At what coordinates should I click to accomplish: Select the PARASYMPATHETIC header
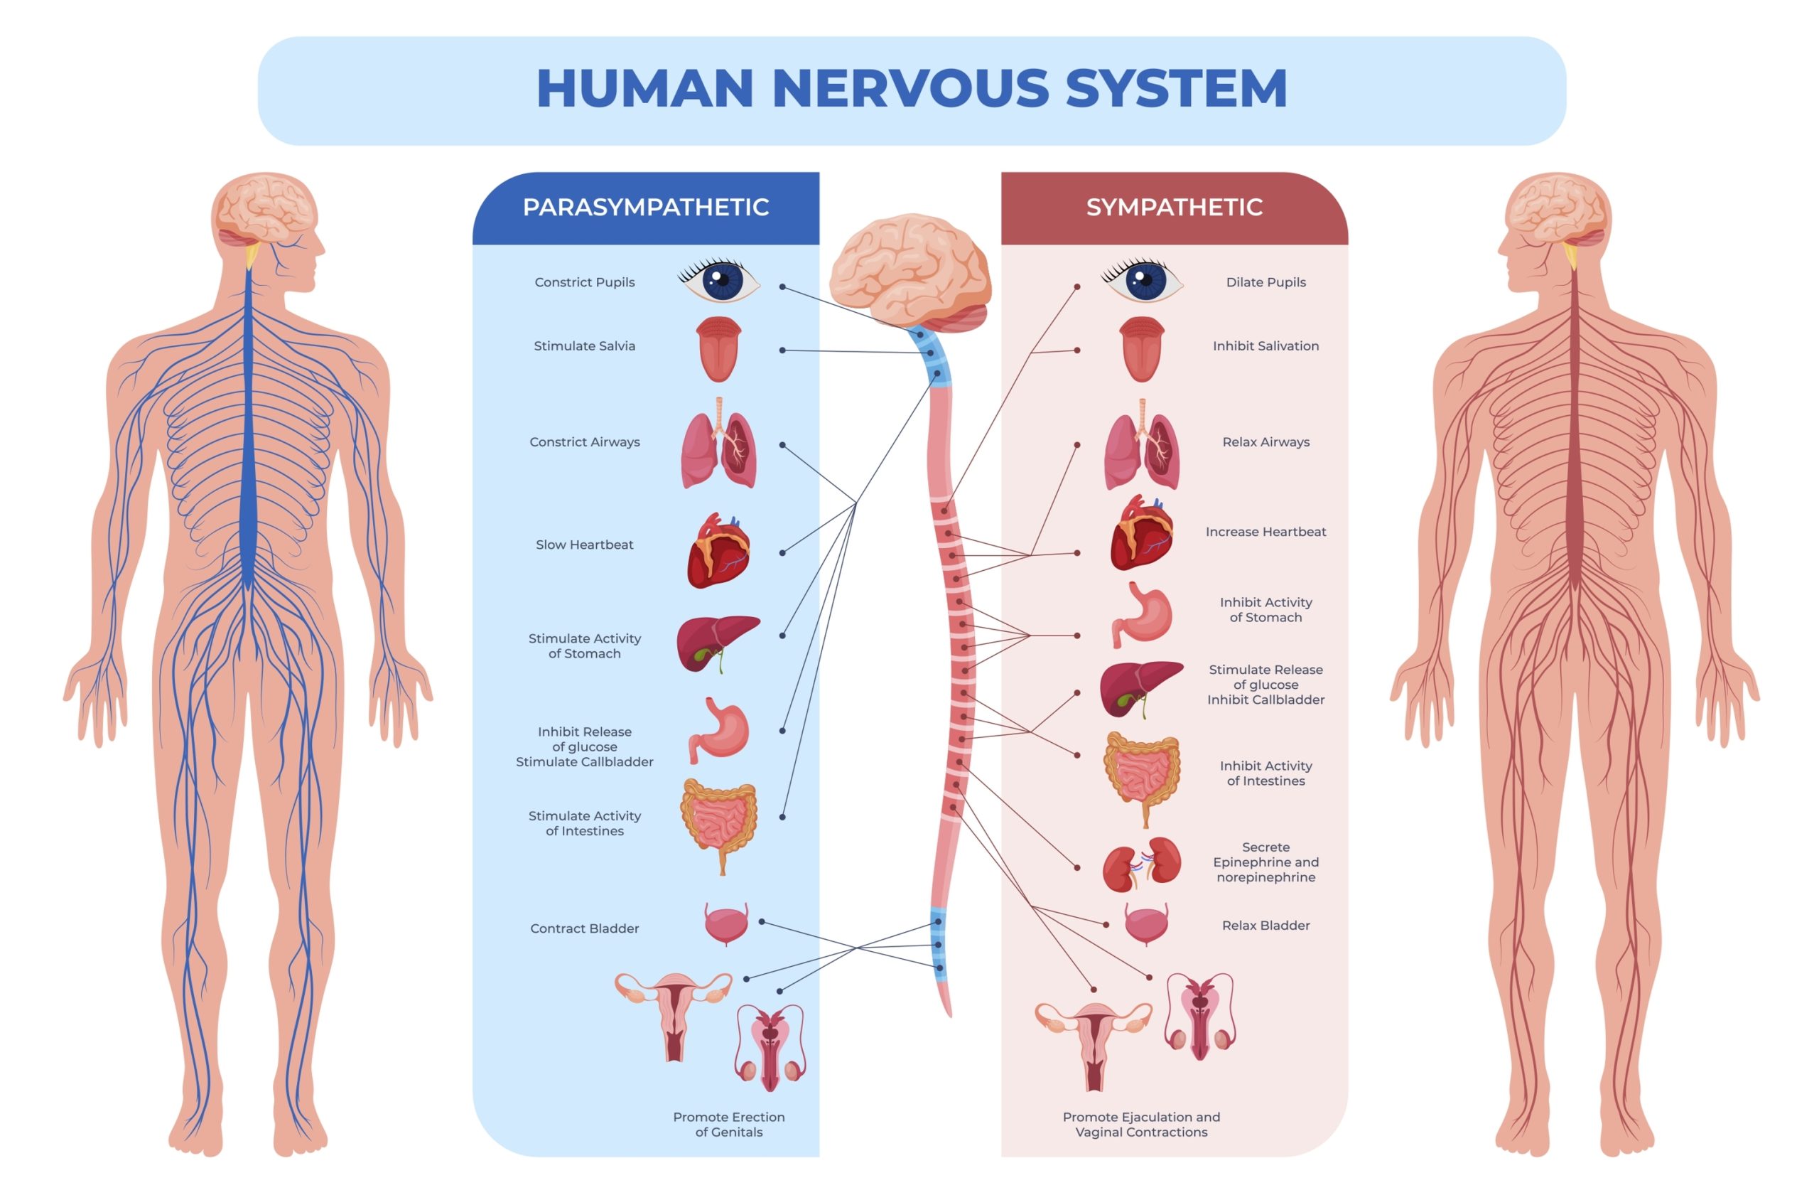tap(645, 207)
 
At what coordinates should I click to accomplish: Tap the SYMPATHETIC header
tap(1174, 207)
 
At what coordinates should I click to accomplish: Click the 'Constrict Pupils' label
tap(585, 282)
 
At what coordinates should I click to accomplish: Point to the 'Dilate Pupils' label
tap(1265, 282)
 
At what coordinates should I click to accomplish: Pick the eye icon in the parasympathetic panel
tap(719, 281)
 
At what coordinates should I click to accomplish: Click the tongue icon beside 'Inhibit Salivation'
tap(1142, 348)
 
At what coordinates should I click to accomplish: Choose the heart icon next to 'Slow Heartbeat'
tap(718, 550)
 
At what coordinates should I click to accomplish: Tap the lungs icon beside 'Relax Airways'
tap(1142, 445)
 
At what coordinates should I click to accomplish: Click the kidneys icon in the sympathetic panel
tap(1142, 864)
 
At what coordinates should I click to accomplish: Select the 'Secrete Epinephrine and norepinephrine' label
tap(1265, 862)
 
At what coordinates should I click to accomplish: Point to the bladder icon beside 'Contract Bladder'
tap(726, 923)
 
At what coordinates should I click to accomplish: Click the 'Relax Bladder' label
tap(1265, 925)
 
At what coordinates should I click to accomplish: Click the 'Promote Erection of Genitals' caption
tap(728, 1124)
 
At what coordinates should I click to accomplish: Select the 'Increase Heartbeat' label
tap(1265, 531)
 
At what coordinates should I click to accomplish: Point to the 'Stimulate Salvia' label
tap(585, 345)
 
